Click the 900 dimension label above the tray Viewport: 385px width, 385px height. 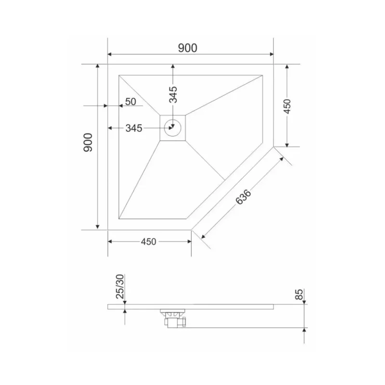[188, 48]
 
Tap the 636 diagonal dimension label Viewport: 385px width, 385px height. [244, 197]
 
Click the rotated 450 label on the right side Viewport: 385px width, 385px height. [287, 106]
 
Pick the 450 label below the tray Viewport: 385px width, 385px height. [148, 242]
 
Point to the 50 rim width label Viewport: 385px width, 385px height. [131, 102]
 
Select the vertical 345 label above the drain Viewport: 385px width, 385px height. [173, 94]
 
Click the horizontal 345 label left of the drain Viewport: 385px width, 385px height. [133, 128]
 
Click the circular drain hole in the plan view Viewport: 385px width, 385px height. [172, 128]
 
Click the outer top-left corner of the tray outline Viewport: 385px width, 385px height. [108, 64]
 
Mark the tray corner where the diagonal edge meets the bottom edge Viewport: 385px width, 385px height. [192, 230]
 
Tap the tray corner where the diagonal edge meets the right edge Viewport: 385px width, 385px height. [274, 146]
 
